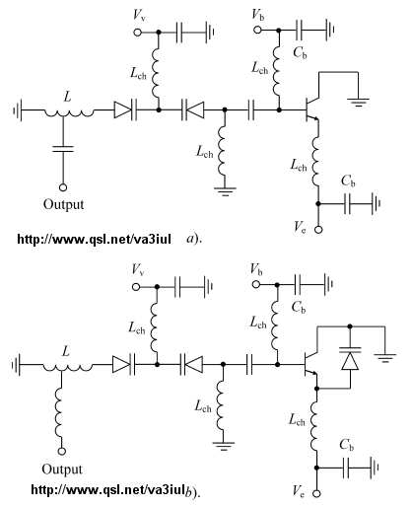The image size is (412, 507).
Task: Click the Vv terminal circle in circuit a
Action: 138,33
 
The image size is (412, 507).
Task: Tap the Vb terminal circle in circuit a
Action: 257,30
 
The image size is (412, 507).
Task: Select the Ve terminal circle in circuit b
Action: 317,493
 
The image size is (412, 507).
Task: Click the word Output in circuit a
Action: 63,204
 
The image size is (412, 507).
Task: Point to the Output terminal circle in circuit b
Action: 62,451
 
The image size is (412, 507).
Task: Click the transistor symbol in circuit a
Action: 311,109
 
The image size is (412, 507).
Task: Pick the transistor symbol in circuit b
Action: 310,364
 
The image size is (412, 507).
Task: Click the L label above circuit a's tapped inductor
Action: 67,98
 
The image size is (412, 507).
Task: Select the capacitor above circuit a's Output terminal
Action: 63,149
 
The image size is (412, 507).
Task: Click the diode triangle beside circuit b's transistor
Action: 350,361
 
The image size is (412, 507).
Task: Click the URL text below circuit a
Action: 94,239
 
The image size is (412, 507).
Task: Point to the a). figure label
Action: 194,239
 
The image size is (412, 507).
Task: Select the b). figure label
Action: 192,491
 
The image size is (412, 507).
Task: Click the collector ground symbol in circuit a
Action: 358,103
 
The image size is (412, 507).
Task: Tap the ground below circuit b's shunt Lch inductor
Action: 223,446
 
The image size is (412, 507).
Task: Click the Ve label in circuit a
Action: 300,227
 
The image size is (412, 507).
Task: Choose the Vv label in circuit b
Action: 138,269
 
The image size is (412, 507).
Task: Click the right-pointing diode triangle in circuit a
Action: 122,109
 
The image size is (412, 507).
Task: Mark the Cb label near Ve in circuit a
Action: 348,181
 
